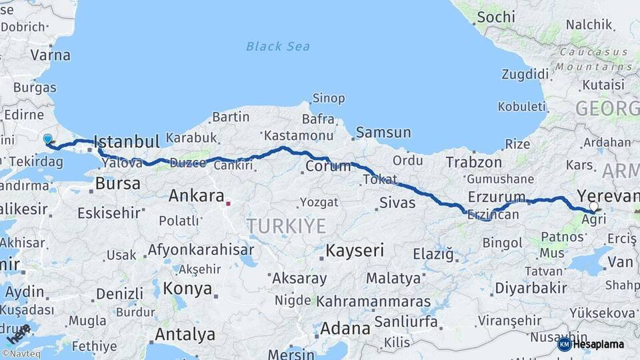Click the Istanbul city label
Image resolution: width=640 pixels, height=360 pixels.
(x=127, y=141)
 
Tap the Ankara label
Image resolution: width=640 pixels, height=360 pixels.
(x=196, y=196)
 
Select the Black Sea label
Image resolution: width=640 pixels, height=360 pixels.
(x=278, y=46)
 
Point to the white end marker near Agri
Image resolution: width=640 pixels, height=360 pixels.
(x=593, y=207)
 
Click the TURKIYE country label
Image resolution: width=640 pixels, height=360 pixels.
(x=287, y=226)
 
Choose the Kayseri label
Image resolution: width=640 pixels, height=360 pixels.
(x=355, y=251)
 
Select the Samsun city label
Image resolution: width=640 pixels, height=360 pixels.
(x=383, y=132)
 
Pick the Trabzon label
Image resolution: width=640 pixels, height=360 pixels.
(x=473, y=162)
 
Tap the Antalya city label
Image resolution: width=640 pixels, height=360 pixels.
(x=185, y=334)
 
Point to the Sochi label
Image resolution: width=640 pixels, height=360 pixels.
(x=496, y=17)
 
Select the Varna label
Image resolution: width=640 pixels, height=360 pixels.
(x=50, y=55)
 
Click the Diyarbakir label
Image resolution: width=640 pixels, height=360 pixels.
(x=531, y=288)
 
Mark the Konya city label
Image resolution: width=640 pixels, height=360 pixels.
(x=187, y=289)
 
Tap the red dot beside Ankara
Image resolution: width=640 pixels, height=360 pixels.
(x=228, y=204)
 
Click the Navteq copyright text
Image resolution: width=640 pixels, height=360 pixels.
(x=21, y=354)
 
